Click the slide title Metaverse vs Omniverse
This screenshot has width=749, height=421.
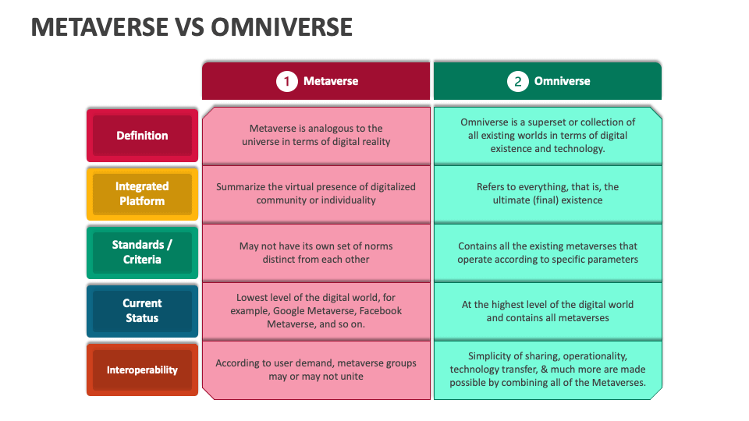tap(191, 27)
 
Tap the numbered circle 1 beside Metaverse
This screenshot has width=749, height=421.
tap(287, 81)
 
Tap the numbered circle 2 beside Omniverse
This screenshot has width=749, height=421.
tap(518, 81)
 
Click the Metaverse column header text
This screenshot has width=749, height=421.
tap(331, 81)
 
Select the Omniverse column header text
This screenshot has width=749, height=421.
tap(562, 81)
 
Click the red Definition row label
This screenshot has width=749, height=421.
tap(142, 136)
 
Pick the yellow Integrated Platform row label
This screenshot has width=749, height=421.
tap(142, 193)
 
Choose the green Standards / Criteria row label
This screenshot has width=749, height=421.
tap(142, 252)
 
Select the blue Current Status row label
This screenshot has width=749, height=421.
tap(142, 310)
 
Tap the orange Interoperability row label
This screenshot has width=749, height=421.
tap(142, 370)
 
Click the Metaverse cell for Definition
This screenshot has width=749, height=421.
tap(316, 135)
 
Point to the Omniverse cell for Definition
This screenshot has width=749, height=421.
tap(548, 135)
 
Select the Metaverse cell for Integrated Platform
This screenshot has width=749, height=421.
tap(316, 193)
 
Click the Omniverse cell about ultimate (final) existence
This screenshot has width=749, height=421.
tap(548, 193)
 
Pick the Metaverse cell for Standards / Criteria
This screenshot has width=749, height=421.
tap(316, 252)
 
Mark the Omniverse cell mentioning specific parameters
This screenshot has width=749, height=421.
tap(548, 252)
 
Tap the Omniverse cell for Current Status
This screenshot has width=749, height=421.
tap(548, 310)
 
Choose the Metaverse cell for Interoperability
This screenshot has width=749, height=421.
tap(316, 370)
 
